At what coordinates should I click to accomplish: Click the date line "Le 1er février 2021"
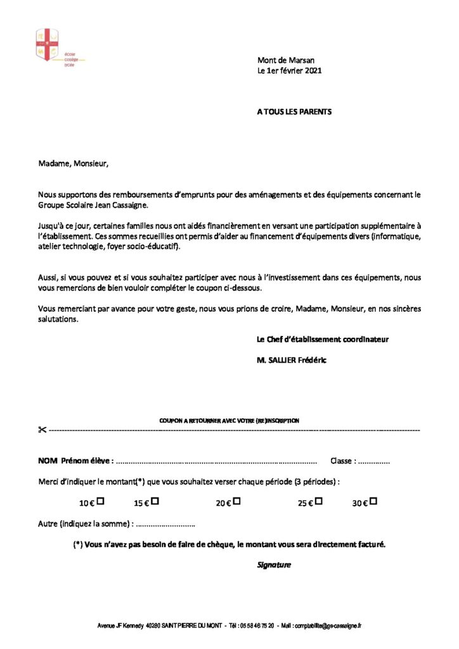289,71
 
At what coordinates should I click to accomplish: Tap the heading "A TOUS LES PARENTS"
294,112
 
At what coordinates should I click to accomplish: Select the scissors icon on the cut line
42,430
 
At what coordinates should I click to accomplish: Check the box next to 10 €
100,501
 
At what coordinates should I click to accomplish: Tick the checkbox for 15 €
155,501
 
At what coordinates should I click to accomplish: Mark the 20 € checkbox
236,501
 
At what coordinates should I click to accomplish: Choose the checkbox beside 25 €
318,501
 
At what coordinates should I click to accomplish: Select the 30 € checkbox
373,501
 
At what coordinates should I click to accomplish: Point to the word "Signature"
274,565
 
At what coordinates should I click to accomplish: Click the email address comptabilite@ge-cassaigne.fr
330,626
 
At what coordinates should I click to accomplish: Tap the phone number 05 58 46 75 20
257,626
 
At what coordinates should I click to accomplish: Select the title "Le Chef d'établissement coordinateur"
322,339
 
